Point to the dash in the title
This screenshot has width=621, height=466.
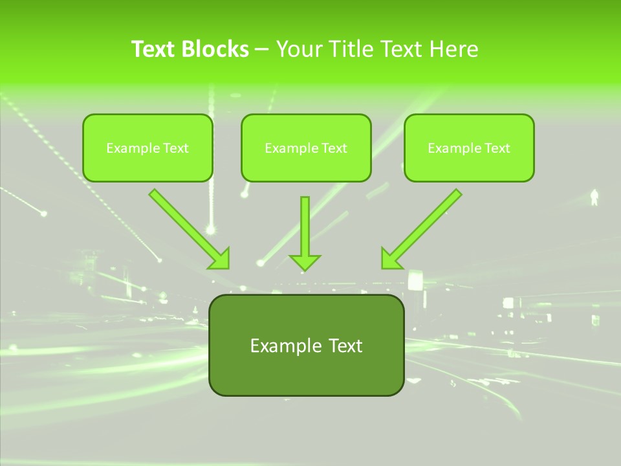click(262, 50)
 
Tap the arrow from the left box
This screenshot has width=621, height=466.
click(188, 228)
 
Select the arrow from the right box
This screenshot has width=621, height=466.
click(423, 228)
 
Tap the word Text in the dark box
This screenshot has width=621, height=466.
click(345, 346)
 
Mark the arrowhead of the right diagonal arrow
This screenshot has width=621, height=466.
click(391, 260)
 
